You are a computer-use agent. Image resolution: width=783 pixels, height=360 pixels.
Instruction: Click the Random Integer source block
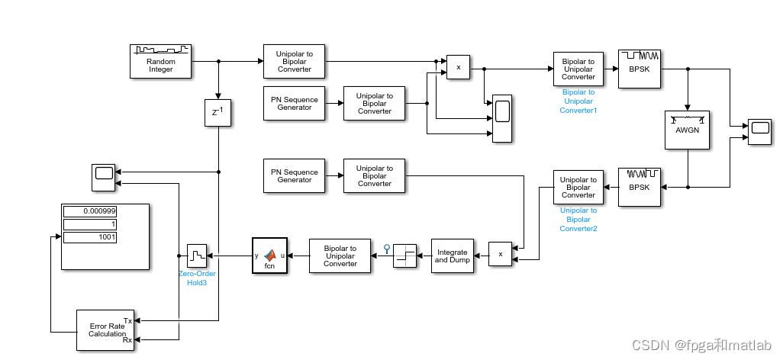(x=161, y=62)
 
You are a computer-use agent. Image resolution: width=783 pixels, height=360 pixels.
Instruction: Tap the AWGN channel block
(x=688, y=130)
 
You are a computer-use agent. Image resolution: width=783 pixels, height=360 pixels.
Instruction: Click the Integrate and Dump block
(x=453, y=256)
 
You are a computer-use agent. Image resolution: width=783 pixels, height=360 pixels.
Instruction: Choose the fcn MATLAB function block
(x=269, y=256)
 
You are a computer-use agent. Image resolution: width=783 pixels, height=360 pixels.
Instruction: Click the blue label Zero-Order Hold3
(x=198, y=278)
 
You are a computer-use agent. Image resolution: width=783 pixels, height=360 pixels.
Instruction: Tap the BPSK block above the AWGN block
(x=640, y=69)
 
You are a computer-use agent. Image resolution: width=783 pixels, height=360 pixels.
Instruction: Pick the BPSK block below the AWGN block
(x=640, y=187)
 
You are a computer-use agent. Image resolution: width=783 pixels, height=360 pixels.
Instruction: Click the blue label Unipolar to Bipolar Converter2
(x=578, y=220)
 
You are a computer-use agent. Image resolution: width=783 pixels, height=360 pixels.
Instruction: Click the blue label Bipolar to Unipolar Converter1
(x=578, y=101)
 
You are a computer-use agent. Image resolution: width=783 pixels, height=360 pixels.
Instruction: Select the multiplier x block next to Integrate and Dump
(x=501, y=254)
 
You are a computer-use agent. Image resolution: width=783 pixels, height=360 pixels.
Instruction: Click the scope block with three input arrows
(x=502, y=119)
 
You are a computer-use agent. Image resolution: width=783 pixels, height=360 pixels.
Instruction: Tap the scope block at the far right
(x=759, y=132)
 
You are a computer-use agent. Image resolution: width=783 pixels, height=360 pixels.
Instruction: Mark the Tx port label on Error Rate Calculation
(x=127, y=321)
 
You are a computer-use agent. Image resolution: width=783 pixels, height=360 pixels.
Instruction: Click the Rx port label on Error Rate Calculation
(x=127, y=340)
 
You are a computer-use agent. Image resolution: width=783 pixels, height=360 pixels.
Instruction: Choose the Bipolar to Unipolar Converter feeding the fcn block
(x=340, y=256)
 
